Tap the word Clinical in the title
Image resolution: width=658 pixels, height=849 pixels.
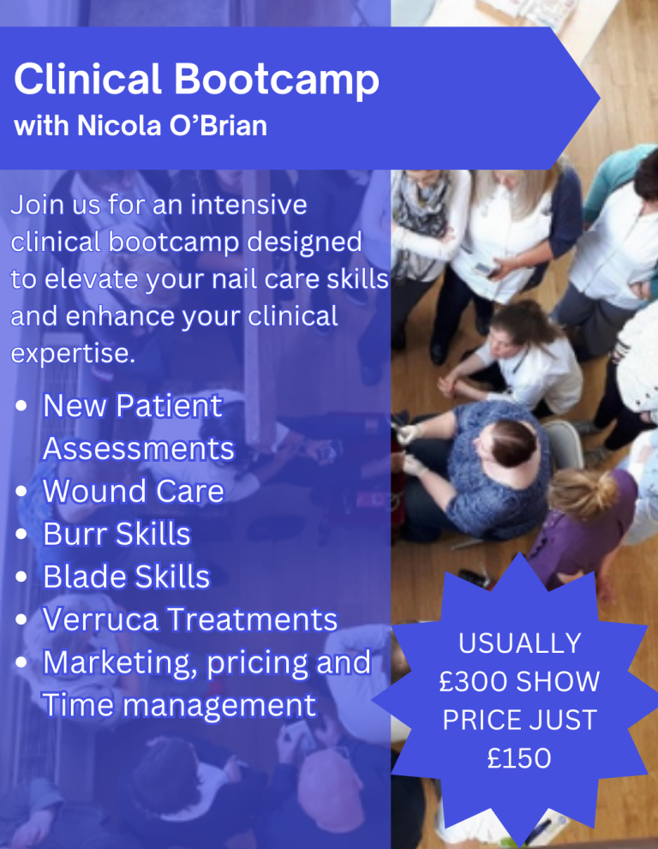tap(87, 79)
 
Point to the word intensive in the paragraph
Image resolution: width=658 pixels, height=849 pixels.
tap(248, 205)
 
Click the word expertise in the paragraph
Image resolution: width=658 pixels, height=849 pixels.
tap(73, 354)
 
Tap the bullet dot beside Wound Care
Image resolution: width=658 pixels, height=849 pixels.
tap(21, 491)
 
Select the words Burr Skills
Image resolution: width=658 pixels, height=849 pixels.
tap(117, 534)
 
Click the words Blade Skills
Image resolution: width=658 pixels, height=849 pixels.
tap(126, 577)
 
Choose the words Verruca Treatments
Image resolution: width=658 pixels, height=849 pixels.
tap(190, 619)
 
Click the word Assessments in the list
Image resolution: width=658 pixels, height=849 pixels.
tap(139, 449)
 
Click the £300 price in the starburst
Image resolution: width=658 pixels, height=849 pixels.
tap(473, 681)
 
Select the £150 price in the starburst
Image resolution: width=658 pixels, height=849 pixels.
tap(519, 758)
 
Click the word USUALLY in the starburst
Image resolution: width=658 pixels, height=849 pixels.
tap(520, 643)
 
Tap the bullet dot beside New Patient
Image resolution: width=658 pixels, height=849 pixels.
tap(21, 405)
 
